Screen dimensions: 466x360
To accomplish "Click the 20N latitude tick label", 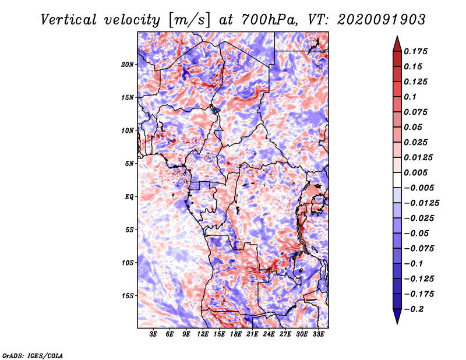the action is click(127, 65).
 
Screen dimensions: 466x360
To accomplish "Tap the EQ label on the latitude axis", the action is click(129, 197).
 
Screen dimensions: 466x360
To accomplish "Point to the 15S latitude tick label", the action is click(128, 296).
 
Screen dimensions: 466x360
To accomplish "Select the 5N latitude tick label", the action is click(129, 164).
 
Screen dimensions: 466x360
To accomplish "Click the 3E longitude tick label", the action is click(153, 334).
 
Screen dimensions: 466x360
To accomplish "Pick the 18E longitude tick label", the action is click(236, 334).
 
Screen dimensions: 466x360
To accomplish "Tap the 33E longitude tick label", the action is click(318, 334).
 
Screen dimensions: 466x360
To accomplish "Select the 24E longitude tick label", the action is click(269, 334).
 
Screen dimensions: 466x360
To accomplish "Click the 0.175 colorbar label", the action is click(415, 51).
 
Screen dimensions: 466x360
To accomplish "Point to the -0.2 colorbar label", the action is click(414, 309).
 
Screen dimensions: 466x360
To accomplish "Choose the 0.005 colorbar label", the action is click(415, 172).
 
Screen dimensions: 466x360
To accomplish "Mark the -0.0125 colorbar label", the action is click(421, 203).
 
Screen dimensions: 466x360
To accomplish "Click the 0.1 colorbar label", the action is click(410, 97).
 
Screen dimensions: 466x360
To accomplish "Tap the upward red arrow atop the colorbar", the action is click(397, 44).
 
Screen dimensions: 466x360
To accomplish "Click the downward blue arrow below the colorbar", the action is click(397, 316).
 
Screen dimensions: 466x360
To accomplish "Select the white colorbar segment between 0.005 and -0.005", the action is click(397, 180).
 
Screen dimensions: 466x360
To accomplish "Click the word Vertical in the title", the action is click(69, 20).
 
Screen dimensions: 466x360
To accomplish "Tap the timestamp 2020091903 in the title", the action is click(382, 20).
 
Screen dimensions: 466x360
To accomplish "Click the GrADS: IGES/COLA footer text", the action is click(33, 355).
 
